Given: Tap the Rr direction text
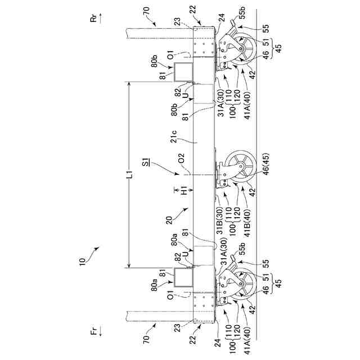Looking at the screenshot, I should [93, 20].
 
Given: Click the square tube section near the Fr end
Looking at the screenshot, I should [182, 277].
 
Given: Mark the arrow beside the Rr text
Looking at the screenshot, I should [100, 20].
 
